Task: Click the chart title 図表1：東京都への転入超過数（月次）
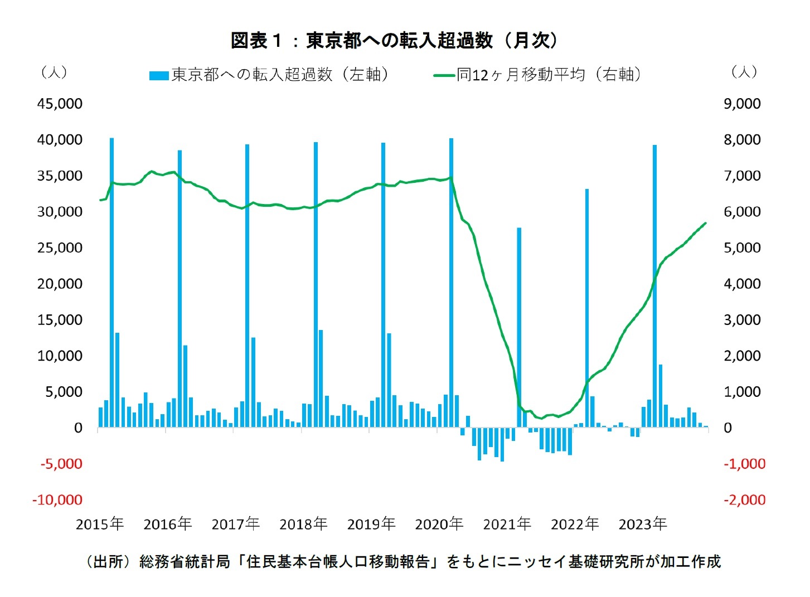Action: pyautogui.click(x=394, y=40)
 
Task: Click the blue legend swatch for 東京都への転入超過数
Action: pyautogui.click(x=159, y=75)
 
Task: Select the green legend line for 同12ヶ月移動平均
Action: pyautogui.click(x=444, y=75)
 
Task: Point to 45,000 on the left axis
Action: pyautogui.click(x=60, y=104)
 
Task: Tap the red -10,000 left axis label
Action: pyautogui.click(x=57, y=499)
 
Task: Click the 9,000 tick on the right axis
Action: pyautogui.click(x=742, y=104)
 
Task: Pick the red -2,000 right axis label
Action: pyautogui.click(x=744, y=499)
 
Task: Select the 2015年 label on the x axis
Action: pyautogui.click(x=100, y=524)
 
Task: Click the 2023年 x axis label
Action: pyautogui.click(x=643, y=524)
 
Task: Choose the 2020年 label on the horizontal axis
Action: pyautogui.click(x=439, y=524)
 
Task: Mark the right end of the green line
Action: pyautogui.click(x=706, y=223)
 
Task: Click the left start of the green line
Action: pyautogui.click(x=100, y=200)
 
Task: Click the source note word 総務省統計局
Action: pyautogui.click(x=185, y=561)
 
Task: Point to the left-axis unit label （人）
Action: pyautogui.click(x=54, y=72)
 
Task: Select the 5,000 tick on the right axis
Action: pyautogui.click(x=742, y=247)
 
